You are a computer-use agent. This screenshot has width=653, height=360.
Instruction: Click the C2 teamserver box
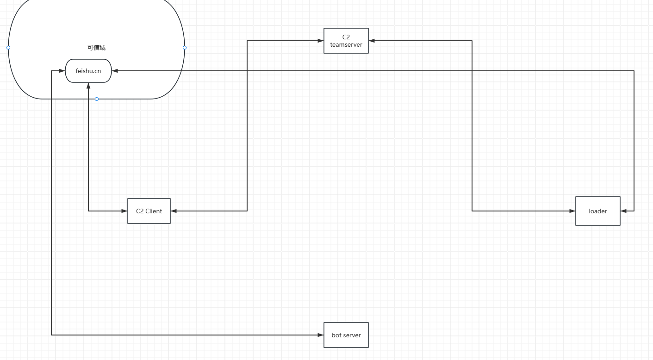pyautogui.click(x=346, y=41)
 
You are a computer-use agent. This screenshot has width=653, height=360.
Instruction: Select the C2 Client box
pyautogui.click(x=149, y=211)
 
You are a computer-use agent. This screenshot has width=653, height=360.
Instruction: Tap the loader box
pyautogui.click(x=598, y=211)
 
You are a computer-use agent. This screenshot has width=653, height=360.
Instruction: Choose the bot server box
pyautogui.click(x=346, y=335)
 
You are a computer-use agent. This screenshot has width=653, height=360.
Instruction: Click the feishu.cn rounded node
pyautogui.click(x=88, y=71)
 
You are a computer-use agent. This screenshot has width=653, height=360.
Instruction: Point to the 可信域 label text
pyautogui.click(x=97, y=48)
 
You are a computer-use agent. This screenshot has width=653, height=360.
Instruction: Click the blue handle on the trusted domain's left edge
pyautogui.click(x=8, y=48)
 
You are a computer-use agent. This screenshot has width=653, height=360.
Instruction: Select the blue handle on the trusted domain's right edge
pyautogui.click(x=185, y=48)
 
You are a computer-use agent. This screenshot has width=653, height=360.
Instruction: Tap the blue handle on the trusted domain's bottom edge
pyautogui.click(x=97, y=99)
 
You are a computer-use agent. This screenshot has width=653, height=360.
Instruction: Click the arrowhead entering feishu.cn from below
pyautogui.click(x=88, y=86)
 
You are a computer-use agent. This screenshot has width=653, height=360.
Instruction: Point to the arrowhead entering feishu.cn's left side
pyautogui.click(x=62, y=71)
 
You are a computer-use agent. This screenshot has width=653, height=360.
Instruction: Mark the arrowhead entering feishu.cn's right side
pyautogui.click(x=115, y=71)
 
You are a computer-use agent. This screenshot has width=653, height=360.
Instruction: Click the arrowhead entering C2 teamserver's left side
pyautogui.click(x=320, y=41)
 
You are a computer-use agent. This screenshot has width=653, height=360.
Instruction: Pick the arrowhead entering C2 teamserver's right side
pyautogui.click(x=372, y=41)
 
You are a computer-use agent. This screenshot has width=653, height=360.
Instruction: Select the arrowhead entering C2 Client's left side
pyautogui.click(x=124, y=211)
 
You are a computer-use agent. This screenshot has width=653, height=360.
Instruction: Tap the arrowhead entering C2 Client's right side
pyautogui.click(x=174, y=211)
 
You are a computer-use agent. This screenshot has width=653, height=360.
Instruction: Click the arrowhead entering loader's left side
pyautogui.click(x=572, y=211)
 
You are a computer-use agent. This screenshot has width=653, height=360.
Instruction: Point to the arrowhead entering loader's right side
pyautogui.click(x=624, y=211)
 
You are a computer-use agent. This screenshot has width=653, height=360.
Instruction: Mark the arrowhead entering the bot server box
pyautogui.click(x=320, y=335)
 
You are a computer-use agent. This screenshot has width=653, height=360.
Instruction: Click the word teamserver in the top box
pyautogui.click(x=346, y=44)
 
